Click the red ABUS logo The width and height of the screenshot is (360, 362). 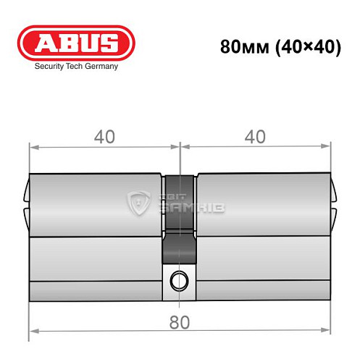(x=76, y=43)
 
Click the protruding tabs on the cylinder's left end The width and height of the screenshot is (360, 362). (x=26, y=204)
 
